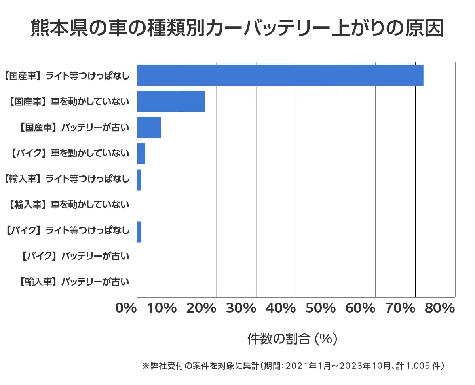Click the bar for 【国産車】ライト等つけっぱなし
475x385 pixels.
280,75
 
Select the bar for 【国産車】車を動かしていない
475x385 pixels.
171,101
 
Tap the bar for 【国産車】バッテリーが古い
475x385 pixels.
149,128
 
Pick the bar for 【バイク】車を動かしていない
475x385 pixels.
141,154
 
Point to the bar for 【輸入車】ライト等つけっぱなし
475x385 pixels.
139,180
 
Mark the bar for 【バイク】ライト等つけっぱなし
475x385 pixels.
139,232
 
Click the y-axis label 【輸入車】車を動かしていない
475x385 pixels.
68,205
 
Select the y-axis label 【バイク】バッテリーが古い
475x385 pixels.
74,257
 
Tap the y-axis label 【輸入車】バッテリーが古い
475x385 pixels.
74,282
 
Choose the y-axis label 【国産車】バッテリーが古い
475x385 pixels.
74,128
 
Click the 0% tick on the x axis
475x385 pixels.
126,308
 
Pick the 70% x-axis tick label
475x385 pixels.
401,308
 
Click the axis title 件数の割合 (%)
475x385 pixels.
292,339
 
